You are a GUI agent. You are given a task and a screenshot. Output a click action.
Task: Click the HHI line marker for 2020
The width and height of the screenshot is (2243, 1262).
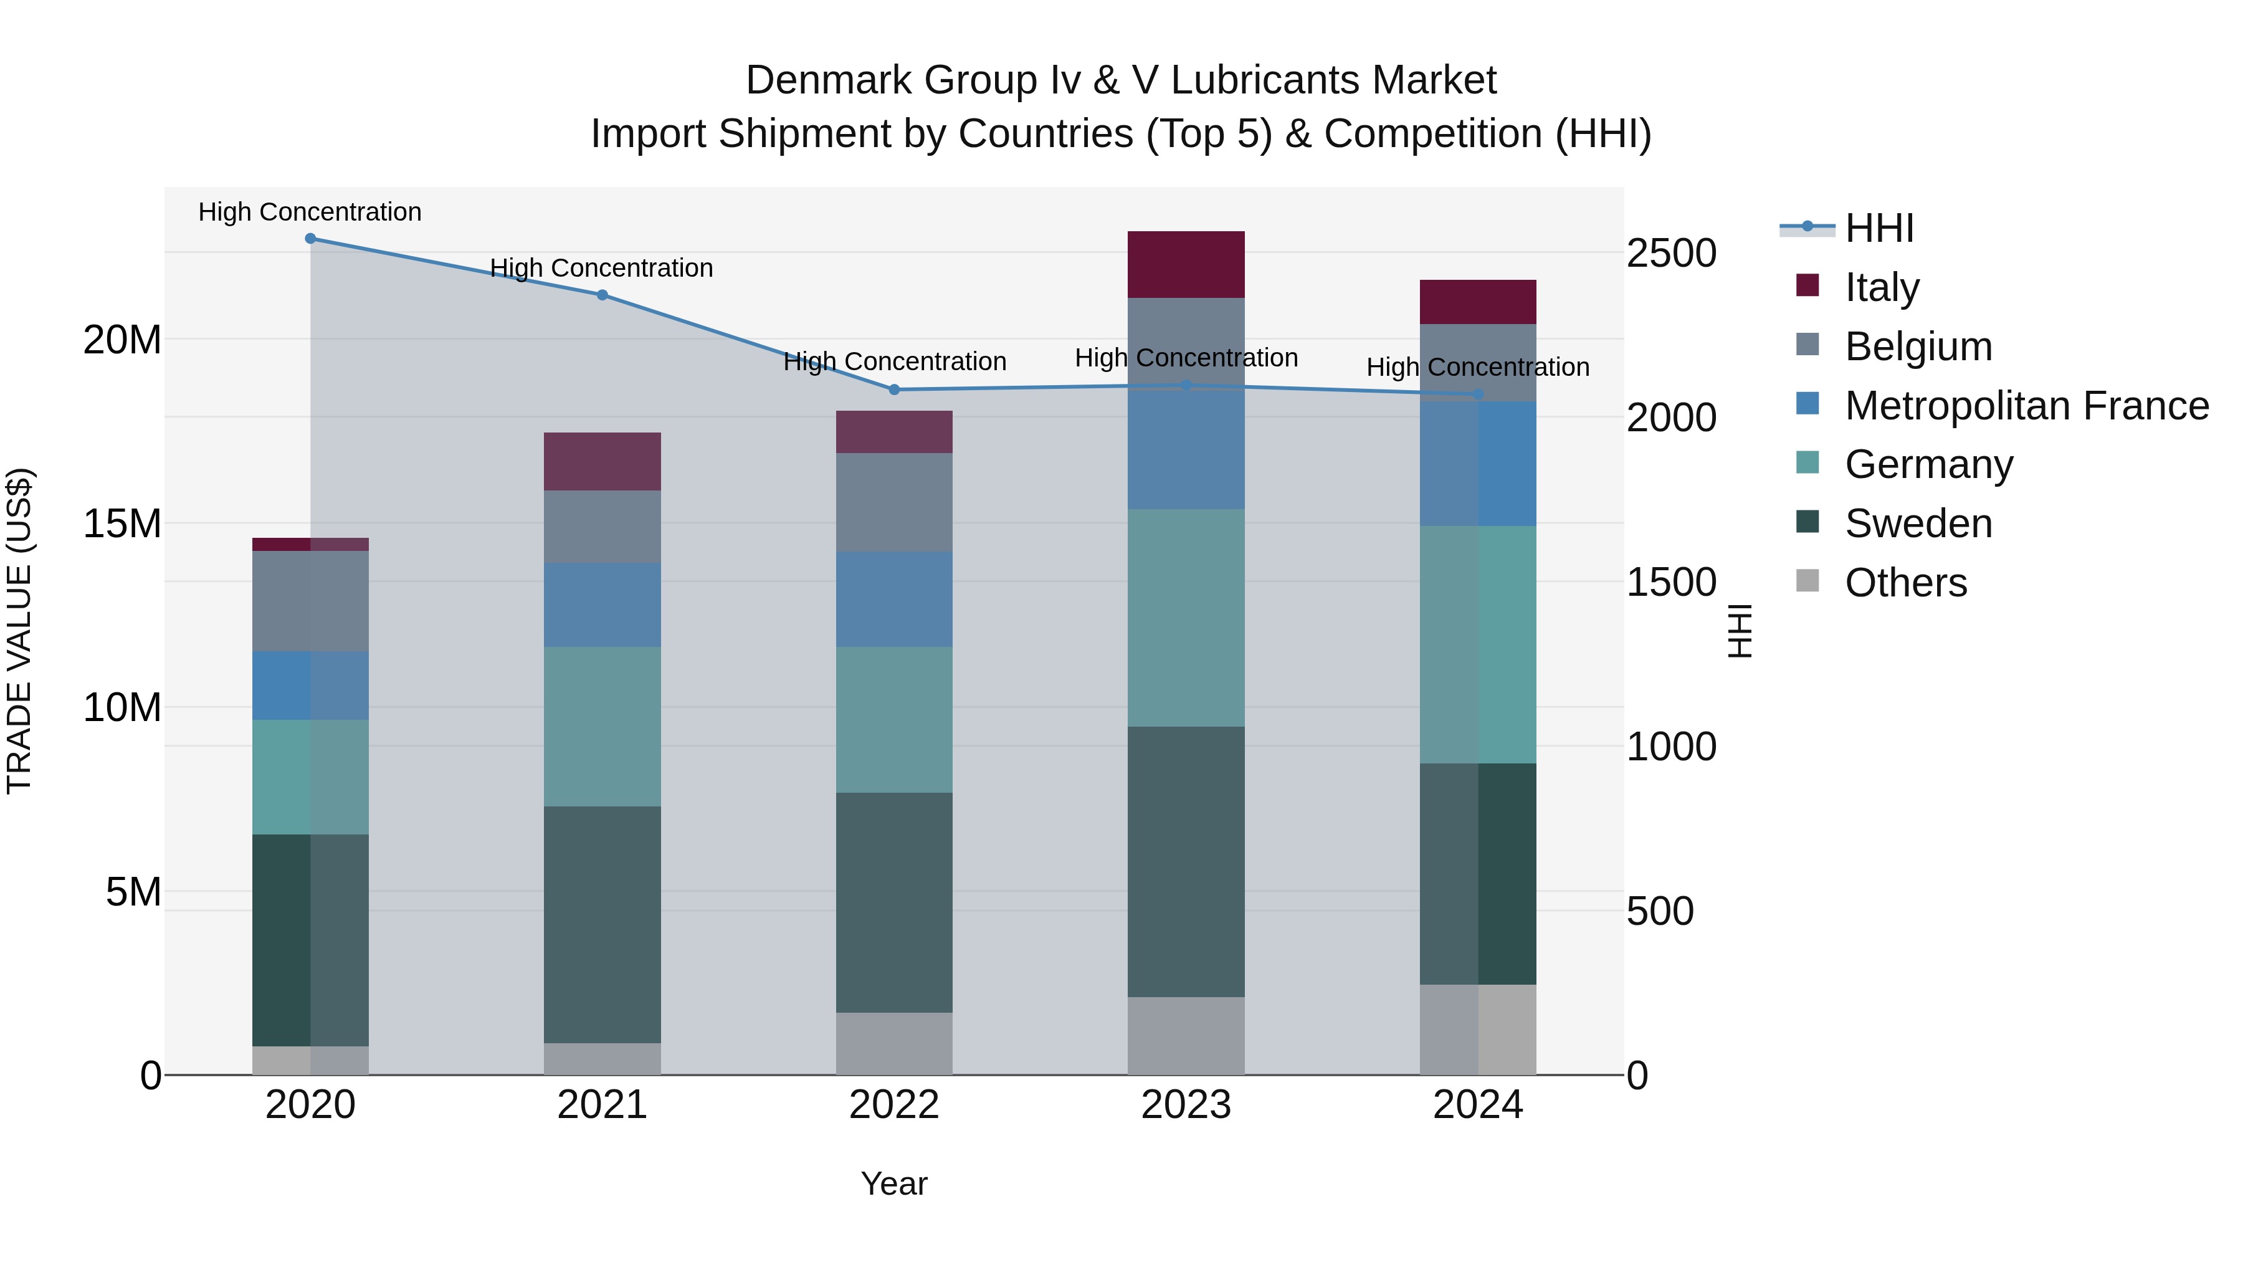pyautogui.click(x=310, y=239)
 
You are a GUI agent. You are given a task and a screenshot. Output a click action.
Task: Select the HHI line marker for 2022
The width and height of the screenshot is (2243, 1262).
pyautogui.click(x=894, y=390)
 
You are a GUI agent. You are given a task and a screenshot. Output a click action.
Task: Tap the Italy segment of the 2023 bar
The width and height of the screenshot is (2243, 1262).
pyautogui.click(x=1186, y=265)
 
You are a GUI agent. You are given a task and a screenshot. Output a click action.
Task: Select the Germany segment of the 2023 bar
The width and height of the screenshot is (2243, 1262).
pyautogui.click(x=1186, y=618)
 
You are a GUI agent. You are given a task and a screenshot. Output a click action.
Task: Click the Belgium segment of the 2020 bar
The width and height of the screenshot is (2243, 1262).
pyautogui.click(x=310, y=601)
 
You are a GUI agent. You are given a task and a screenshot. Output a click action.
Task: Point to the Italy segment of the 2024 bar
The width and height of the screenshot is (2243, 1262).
pyautogui.click(x=1478, y=302)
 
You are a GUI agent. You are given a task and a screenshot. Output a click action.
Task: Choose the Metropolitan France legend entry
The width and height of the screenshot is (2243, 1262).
pyautogui.click(x=2026, y=406)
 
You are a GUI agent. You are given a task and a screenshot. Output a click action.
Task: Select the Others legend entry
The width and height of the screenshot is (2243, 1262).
pyautogui.click(x=1905, y=583)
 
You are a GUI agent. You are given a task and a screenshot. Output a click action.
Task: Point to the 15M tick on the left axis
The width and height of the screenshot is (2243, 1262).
pyautogui.click(x=122, y=523)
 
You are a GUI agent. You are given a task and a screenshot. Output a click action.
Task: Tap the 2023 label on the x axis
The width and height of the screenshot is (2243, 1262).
pyautogui.click(x=1186, y=1105)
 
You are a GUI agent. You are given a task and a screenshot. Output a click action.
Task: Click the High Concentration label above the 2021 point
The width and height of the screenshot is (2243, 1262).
pyautogui.click(x=602, y=268)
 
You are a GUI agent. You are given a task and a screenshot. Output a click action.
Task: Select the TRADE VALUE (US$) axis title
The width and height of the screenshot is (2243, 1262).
pyautogui.click(x=19, y=631)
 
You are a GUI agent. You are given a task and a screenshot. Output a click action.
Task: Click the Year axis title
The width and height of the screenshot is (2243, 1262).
pyautogui.click(x=894, y=1183)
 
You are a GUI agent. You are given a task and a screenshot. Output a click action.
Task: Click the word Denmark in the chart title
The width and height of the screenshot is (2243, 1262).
pyautogui.click(x=828, y=80)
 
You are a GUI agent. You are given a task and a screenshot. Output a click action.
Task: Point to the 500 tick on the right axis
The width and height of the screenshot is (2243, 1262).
pyautogui.click(x=1660, y=911)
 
